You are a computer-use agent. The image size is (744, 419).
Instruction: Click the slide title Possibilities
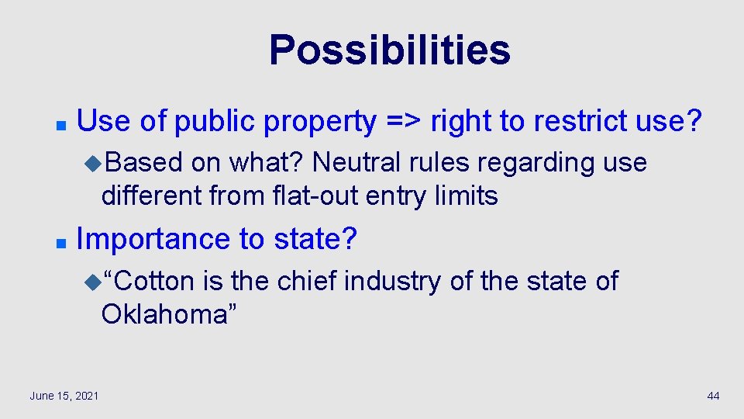[x=389, y=50]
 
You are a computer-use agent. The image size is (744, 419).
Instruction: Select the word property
[x=319, y=122]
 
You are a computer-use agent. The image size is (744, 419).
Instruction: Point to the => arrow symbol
[x=402, y=121]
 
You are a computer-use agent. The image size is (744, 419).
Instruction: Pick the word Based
[x=144, y=163]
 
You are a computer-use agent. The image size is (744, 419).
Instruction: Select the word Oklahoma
[x=164, y=314]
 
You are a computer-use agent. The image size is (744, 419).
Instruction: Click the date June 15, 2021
[x=64, y=396]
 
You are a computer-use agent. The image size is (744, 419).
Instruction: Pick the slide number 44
[x=713, y=396]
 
